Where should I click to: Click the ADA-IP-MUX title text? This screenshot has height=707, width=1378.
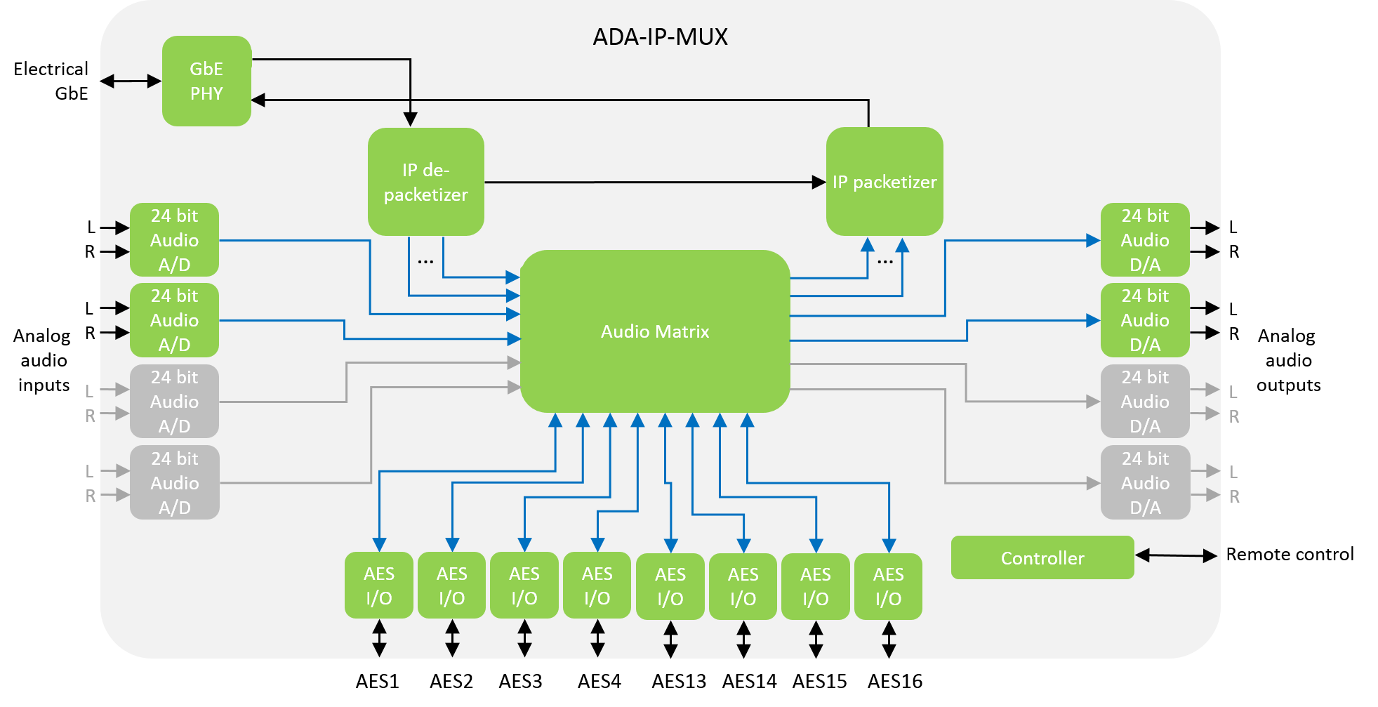(660, 37)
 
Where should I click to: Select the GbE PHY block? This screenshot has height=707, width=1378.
(206, 81)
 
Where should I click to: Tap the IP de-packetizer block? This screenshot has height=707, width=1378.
(425, 182)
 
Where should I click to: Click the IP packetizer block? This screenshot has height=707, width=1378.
(884, 182)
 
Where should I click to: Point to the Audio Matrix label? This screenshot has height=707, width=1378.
(654, 331)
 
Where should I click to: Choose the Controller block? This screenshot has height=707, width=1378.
(1042, 558)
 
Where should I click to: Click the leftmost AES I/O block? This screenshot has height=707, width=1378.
(379, 586)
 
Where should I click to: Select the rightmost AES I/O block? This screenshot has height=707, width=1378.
(888, 586)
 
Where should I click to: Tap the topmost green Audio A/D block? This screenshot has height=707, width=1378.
(174, 240)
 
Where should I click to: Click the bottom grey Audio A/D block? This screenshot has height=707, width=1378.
(174, 483)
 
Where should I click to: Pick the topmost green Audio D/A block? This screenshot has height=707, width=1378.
(1144, 240)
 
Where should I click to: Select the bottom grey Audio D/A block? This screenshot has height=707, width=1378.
(1144, 483)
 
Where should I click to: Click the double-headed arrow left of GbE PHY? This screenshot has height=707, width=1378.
(131, 81)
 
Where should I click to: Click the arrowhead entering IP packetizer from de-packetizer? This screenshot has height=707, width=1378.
(819, 183)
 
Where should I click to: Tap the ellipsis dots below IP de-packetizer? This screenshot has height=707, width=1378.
(425, 262)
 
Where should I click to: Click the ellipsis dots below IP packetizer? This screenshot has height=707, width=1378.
(885, 262)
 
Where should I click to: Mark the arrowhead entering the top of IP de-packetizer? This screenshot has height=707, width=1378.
(411, 119)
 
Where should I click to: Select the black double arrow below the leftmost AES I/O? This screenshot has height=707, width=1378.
(379, 638)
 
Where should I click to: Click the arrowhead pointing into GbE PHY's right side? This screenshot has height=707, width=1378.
(258, 100)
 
